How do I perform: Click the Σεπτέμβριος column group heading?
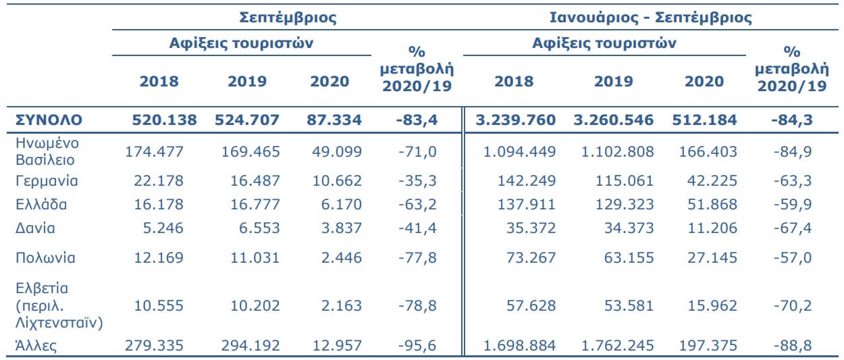(x=288, y=18)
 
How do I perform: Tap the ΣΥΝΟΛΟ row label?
(x=49, y=120)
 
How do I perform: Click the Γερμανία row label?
(x=47, y=181)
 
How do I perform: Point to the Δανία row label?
(x=35, y=228)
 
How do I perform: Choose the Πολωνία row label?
(x=45, y=257)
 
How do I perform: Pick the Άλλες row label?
(x=36, y=346)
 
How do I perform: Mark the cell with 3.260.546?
(x=614, y=120)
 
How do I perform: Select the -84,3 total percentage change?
(x=791, y=120)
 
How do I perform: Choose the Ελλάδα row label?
(x=41, y=205)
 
